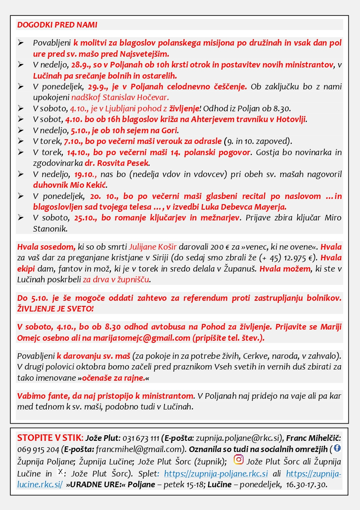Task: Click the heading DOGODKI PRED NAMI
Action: (57, 24)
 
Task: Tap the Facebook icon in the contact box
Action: (337, 448)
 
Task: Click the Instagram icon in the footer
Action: (238, 460)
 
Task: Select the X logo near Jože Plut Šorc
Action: (61, 472)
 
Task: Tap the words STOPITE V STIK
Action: (49, 438)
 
